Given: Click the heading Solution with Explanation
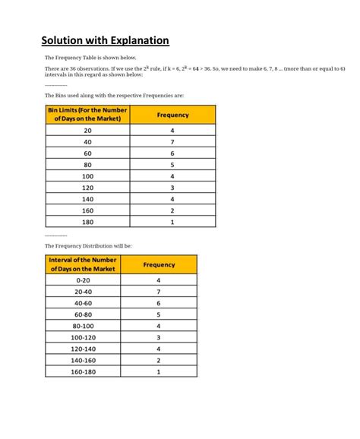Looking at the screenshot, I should [x=105, y=40].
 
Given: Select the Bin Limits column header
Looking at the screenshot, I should [x=87, y=115].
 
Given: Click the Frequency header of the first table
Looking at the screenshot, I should [x=172, y=115].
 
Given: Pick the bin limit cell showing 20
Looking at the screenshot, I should [x=87, y=131].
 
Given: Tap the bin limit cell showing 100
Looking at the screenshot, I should [x=87, y=176].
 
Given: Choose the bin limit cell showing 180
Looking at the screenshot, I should [x=87, y=222].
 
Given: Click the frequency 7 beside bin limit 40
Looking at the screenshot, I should [x=172, y=142].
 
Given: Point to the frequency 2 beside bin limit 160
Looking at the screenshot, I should [x=172, y=210].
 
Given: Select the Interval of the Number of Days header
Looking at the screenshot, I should [x=83, y=264].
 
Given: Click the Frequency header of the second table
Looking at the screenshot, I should [x=158, y=264].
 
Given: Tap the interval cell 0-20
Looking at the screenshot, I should [x=83, y=280].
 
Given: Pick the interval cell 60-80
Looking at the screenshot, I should [x=83, y=314].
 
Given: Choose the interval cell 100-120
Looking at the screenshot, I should [x=83, y=337].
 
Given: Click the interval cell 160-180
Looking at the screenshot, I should [x=83, y=372].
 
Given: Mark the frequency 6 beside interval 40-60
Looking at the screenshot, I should [x=158, y=303].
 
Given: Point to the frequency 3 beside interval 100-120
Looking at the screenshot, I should [x=158, y=337].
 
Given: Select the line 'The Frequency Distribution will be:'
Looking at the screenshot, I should [x=88, y=246].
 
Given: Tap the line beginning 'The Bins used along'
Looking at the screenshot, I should [x=114, y=96].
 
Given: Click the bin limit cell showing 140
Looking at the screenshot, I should [x=87, y=199].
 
